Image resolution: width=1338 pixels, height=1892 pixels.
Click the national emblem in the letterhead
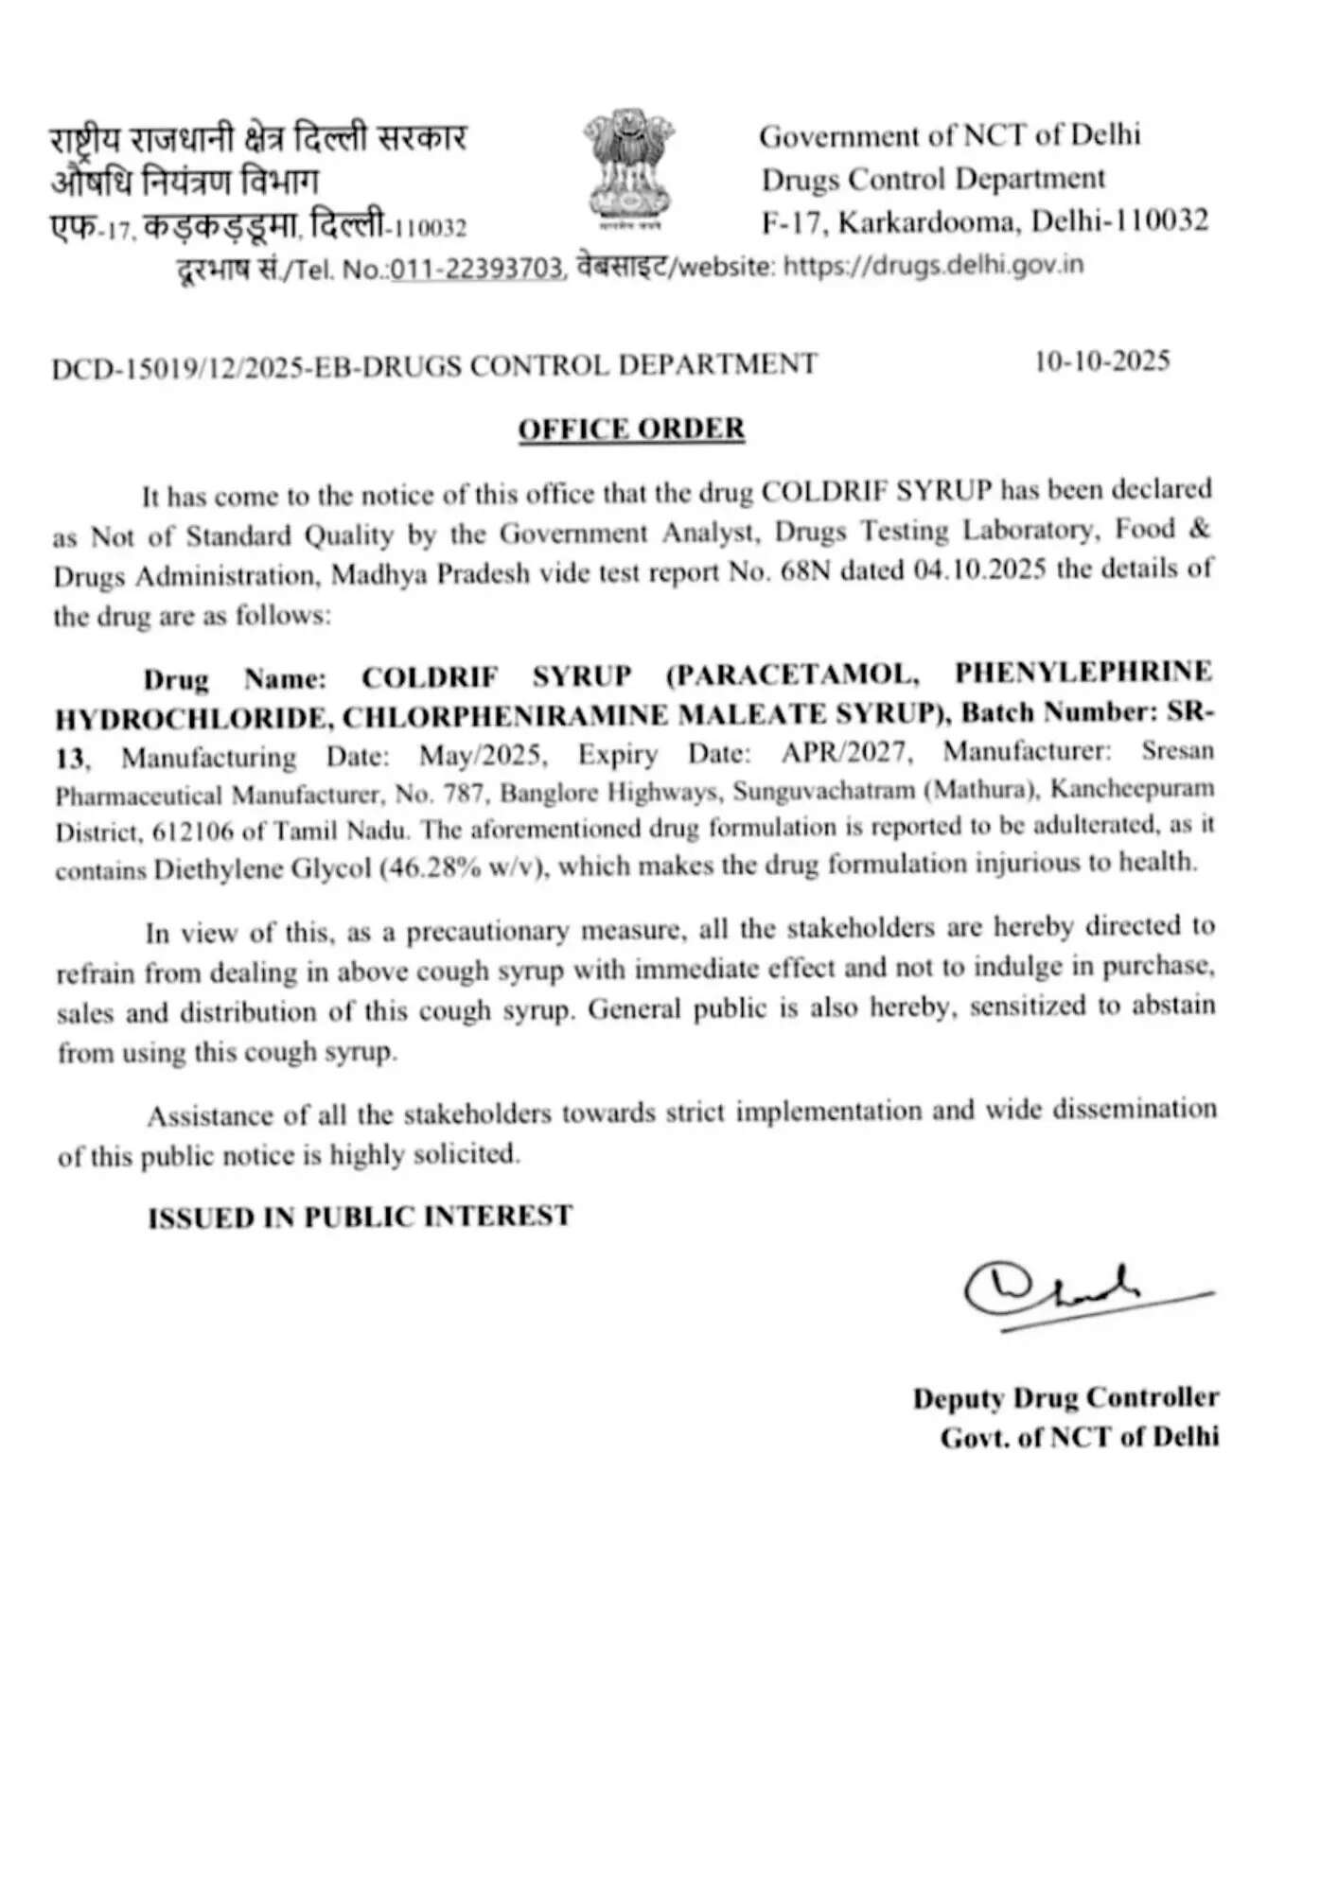628,168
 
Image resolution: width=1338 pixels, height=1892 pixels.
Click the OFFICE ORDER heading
631,429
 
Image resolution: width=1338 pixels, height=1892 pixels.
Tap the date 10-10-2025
1102,361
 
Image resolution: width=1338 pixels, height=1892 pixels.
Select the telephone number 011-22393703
478,269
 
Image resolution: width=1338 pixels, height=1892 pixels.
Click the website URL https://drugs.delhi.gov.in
934,265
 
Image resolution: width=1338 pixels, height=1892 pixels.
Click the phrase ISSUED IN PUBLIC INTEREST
360,1216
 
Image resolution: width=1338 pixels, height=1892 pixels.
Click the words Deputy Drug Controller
1065,1397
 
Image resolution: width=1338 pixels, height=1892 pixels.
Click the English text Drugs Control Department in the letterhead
933,179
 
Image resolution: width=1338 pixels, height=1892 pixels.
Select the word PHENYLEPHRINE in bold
1083,672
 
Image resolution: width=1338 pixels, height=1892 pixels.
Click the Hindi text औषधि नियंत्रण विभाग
185,180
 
